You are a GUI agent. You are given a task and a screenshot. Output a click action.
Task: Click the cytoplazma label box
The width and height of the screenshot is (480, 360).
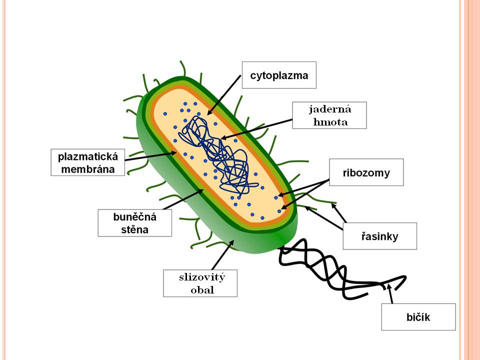point(279,75)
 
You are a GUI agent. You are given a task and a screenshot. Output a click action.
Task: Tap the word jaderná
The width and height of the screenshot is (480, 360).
point(329,109)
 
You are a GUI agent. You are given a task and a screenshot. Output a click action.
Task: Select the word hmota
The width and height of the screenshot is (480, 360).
point(330,122)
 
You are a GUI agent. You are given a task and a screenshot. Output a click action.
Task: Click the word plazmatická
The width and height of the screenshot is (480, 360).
point(88,156)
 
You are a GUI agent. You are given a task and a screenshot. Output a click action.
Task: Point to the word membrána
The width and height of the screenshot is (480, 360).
point(88,169)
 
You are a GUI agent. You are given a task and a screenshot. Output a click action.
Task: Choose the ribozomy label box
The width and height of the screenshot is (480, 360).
point(366,172)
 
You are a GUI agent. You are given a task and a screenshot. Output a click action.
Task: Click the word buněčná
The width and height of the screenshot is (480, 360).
point(134,216)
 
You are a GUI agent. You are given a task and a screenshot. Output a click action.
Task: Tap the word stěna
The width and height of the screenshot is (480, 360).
point(134,229)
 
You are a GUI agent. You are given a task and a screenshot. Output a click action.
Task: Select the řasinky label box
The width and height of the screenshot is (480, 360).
point(379,236)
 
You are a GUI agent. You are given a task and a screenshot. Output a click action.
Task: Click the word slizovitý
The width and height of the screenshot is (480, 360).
point(202,277)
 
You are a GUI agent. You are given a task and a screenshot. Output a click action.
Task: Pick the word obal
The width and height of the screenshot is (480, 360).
point(202,290)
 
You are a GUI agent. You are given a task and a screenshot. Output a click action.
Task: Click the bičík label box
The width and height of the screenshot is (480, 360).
point(418,317)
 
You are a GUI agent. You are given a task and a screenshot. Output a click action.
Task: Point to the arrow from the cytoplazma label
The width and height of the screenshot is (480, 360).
point(224,95)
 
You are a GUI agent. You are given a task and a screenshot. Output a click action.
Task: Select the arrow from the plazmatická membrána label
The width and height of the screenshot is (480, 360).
point(151,156)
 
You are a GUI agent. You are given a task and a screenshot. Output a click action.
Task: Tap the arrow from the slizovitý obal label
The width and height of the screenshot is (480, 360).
point(222,254)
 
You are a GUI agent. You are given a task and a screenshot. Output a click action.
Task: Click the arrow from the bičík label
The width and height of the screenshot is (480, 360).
point(389,293)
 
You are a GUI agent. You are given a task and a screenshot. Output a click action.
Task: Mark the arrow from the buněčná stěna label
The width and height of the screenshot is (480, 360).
point(183,199)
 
